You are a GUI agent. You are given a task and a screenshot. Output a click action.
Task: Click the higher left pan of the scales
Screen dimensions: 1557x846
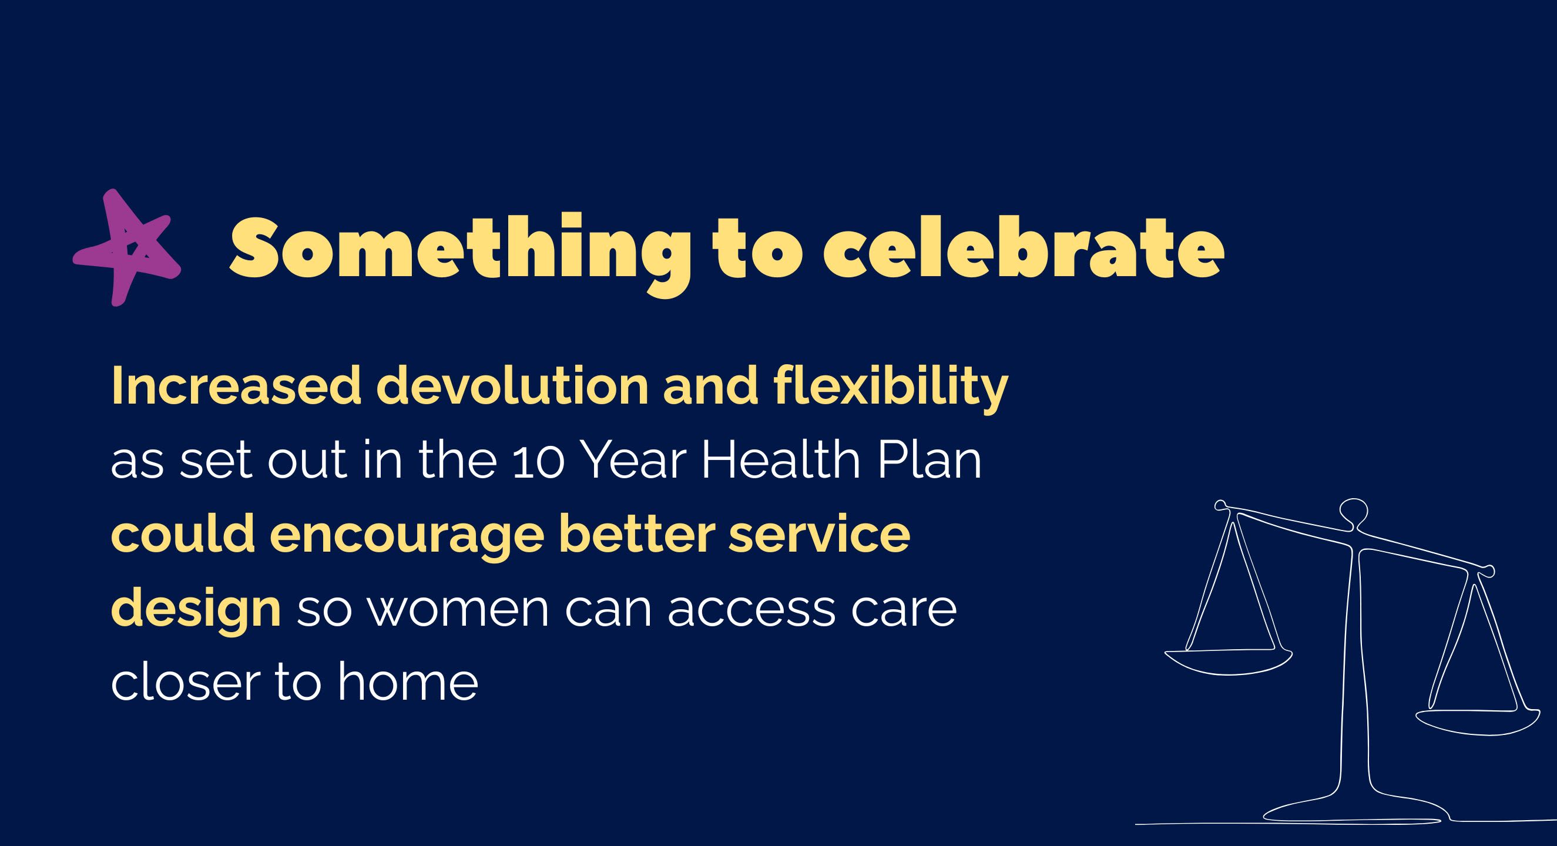[1228, 660]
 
